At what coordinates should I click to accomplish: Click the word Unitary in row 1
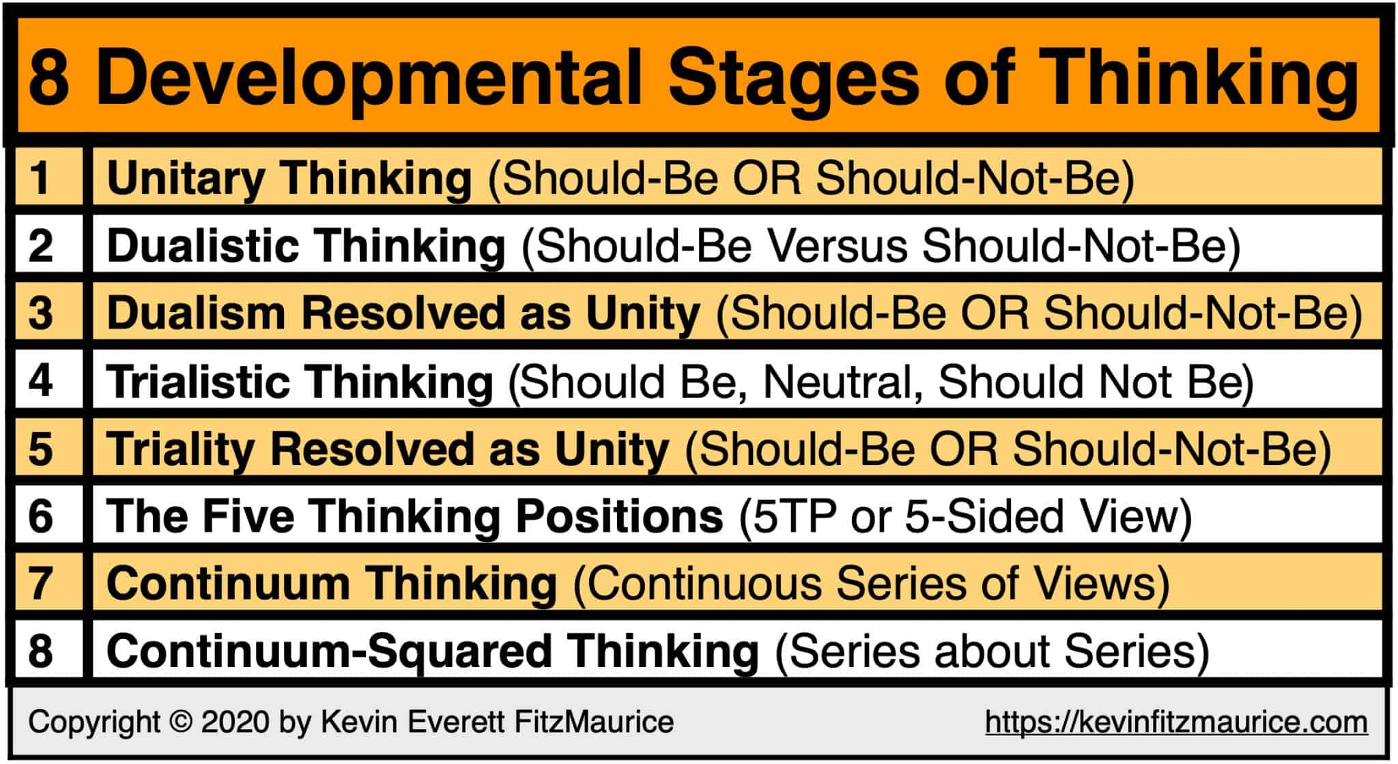[x=185, y=178]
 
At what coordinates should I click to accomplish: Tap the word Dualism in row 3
[x=196, y=313]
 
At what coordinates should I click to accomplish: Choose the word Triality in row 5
[x=180, y=449]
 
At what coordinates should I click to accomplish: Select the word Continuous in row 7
[x=703, y=584]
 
